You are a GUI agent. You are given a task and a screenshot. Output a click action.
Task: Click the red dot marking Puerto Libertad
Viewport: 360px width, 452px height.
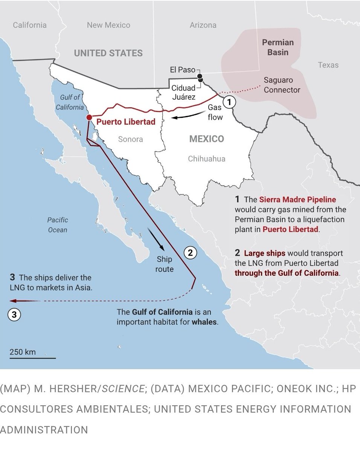[x=89, y=118]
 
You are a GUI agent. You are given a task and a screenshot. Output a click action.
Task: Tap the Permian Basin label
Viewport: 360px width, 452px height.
[x=278, y=47]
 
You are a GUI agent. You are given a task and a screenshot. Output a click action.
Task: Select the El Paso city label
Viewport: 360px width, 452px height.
[x=182, y=70]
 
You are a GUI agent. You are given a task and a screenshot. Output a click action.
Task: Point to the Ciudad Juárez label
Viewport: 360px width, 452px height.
[x=184, y=92]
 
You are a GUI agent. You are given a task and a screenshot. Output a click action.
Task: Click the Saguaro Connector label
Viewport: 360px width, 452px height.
[x=282, y=85]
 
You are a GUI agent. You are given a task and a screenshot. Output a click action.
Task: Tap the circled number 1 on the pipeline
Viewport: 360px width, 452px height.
[x=229, y=102]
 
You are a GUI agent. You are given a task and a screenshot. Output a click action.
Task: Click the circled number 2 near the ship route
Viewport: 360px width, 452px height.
[x=191, y=253]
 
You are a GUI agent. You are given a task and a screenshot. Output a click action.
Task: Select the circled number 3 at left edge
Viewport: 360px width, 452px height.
[x=14, y=315]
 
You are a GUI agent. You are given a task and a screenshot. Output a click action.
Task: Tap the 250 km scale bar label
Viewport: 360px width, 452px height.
[x=23, y=352]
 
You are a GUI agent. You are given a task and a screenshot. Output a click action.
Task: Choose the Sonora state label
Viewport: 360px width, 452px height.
[x=130, y=139]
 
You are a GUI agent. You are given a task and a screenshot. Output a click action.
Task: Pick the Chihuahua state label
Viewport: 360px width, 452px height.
[x=206, y=159]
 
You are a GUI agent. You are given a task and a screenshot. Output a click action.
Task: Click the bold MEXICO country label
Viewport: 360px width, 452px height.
[x=206, y=139]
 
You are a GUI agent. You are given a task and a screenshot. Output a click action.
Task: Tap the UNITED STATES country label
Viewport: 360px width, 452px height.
[x=108, y=53]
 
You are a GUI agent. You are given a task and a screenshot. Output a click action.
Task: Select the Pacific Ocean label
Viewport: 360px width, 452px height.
[x=58, y=224]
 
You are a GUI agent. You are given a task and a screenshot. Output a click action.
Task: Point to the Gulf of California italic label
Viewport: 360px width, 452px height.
[x=70, y=102]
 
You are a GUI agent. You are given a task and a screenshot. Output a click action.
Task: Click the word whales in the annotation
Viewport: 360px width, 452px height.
[x=204, y=322]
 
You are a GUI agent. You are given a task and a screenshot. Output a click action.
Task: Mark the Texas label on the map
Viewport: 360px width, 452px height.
[x=328, y=65]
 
